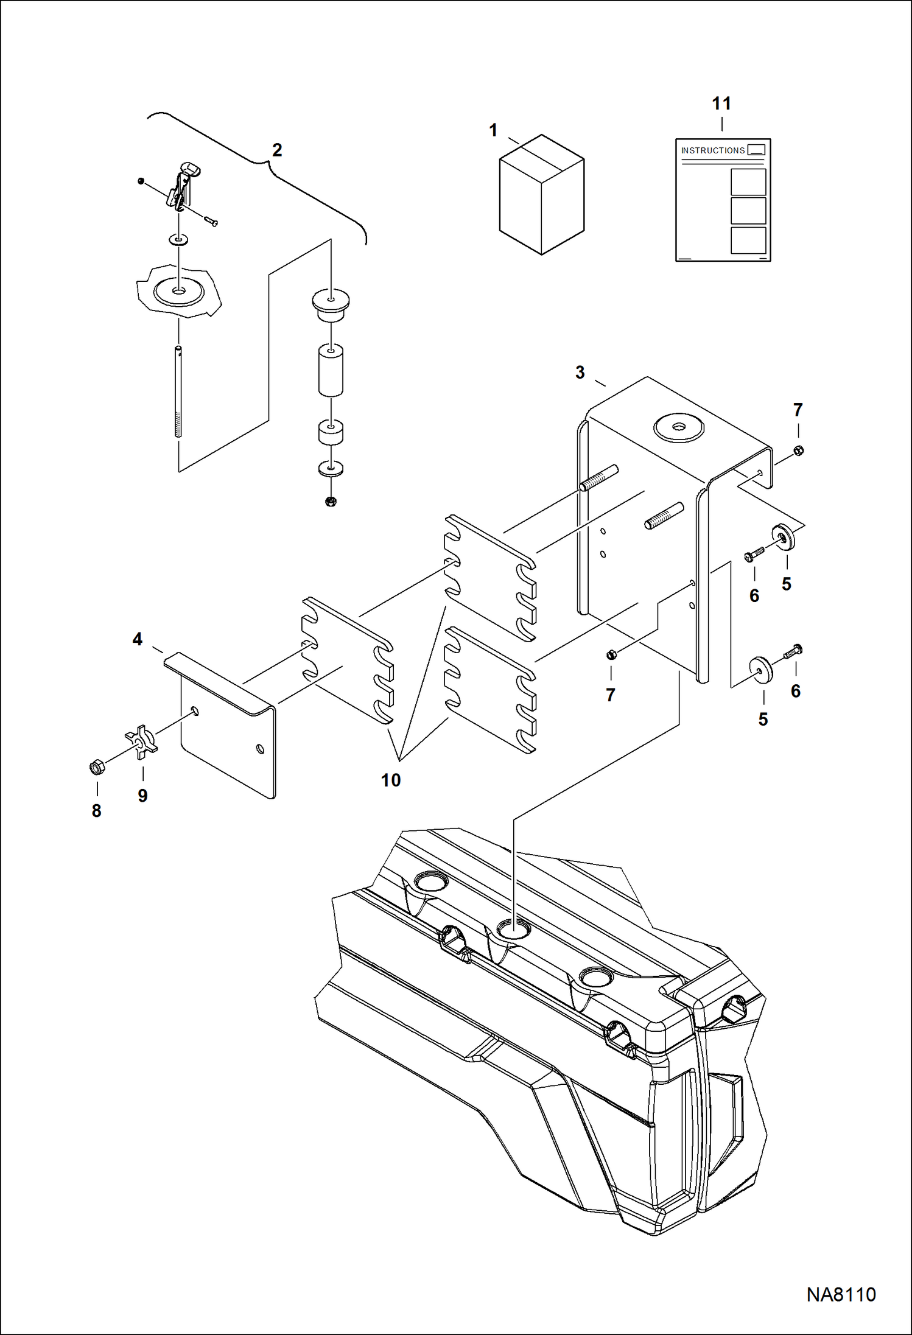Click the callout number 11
[721, 103]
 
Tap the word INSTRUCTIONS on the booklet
[712, 150]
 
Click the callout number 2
[277, 150]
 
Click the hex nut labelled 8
[95, 767]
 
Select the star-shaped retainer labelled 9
[142, 741]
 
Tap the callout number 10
[390, 780]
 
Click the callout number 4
[138, 639]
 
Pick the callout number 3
[580, 372]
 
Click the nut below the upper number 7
[799, 450]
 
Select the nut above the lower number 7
[612, 654]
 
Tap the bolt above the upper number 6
[754, 555]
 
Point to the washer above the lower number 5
[762, 670]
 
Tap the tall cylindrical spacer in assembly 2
[331, 370]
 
